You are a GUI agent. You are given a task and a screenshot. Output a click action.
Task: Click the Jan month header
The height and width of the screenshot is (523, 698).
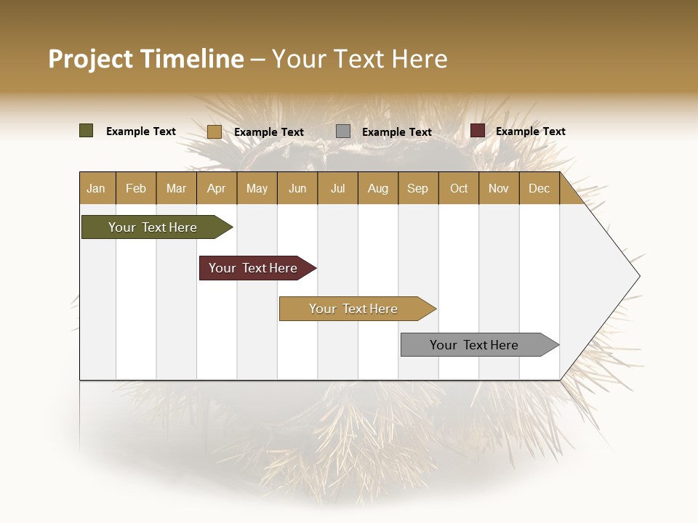96,189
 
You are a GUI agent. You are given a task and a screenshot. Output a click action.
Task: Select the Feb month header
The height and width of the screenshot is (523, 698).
136,189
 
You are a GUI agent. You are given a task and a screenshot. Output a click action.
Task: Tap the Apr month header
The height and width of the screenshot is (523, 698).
216,189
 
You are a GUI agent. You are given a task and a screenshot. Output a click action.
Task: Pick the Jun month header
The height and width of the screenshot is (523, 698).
297,189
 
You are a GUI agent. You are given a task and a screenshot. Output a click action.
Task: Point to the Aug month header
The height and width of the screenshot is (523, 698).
377,189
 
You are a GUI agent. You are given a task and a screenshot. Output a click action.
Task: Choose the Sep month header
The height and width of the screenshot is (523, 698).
417,189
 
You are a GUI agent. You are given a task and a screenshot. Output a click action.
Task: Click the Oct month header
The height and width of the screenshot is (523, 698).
459,189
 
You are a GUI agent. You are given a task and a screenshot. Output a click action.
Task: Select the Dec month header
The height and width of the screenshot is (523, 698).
539,189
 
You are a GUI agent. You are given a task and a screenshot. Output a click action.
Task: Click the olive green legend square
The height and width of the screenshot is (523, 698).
87,131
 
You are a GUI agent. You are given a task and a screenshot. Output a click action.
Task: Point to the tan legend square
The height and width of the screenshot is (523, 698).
214,131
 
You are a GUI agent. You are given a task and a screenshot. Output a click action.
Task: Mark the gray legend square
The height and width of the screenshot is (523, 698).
343,131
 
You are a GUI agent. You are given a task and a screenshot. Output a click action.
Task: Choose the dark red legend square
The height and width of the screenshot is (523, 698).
478,131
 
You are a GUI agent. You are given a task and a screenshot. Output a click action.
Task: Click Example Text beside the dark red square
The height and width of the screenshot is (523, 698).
530,131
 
